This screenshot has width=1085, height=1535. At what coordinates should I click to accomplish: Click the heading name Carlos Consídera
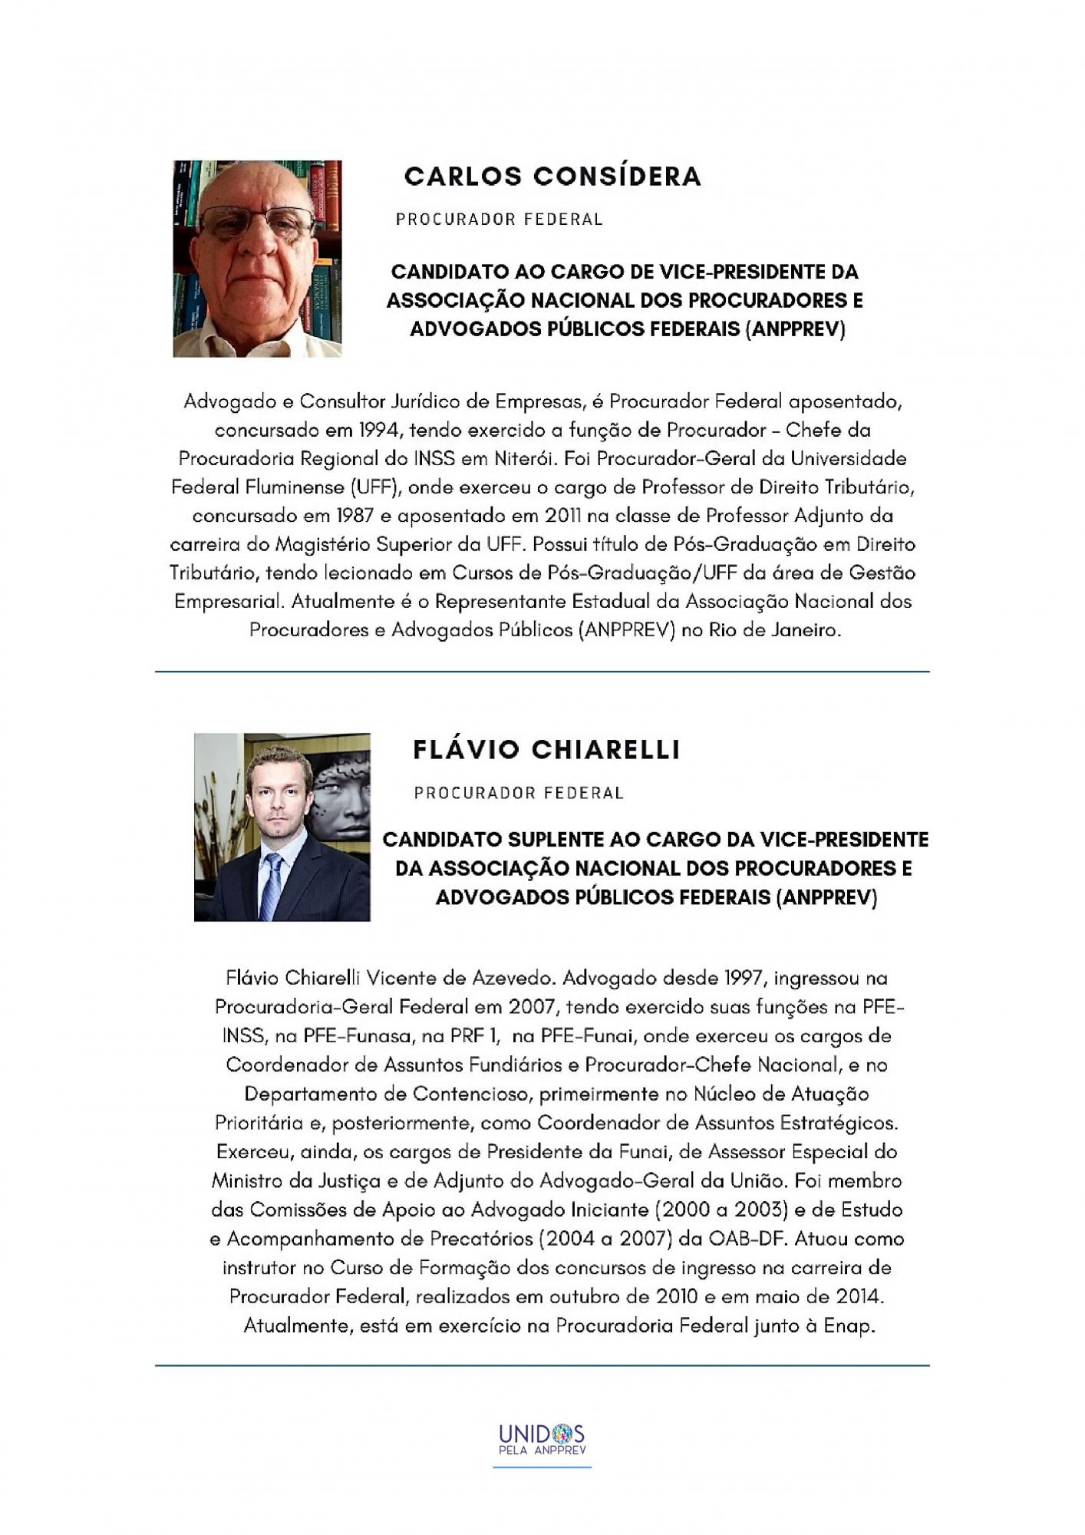point(552,177)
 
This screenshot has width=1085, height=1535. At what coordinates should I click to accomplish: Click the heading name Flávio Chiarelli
point(546,750)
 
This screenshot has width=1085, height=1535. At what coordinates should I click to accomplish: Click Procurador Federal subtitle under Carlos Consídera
point(500,220)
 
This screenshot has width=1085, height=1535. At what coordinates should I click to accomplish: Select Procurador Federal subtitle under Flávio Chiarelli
point(519,793)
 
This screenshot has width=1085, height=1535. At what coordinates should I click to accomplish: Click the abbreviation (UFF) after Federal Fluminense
point(372,487)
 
